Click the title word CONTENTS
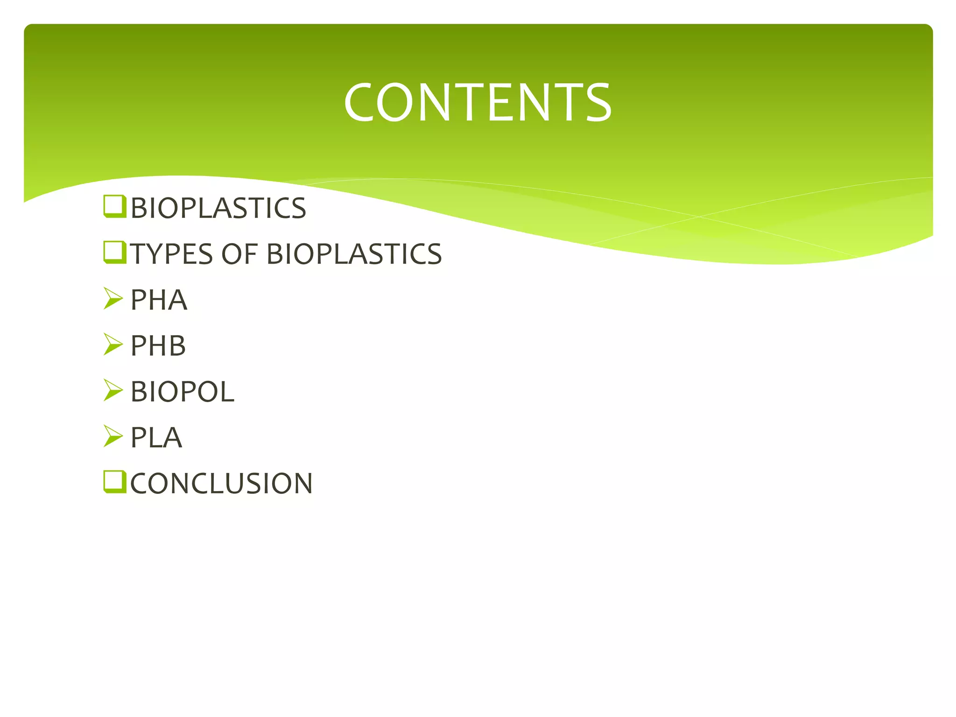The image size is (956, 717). [x=477, y=102]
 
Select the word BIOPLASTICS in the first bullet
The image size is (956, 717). [x=218, y=208]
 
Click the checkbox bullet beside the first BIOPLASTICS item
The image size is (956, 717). [x=114, y=206]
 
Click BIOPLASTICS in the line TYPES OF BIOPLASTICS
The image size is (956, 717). [x=354, y=254]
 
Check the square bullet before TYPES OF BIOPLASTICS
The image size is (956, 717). [x=114, y=253]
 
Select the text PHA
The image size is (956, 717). [x=159, y=300]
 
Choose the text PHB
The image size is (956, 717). [x=158, y=346]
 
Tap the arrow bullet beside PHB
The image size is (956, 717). [x=113, y=344]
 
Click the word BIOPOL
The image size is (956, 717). [x=182, y=392]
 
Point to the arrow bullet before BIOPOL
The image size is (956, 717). [x=113, y=390]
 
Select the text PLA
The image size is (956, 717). [x=156, y=438]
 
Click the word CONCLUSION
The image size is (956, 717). [x=221, y=483]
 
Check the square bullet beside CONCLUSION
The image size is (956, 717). [x=114, y=482]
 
